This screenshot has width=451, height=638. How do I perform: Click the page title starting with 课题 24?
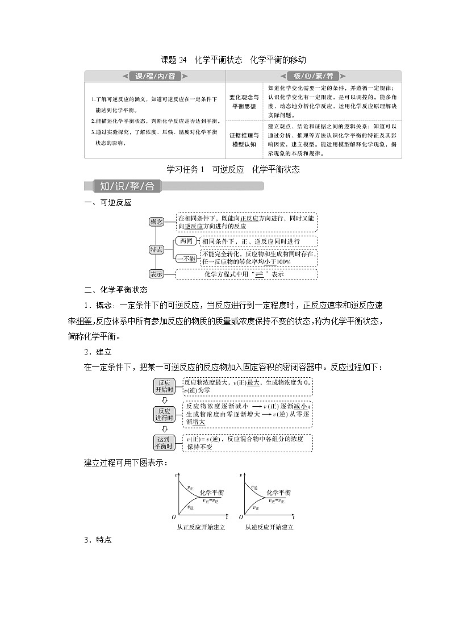coord(233,60)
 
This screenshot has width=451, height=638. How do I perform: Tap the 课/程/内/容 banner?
coord(155,77)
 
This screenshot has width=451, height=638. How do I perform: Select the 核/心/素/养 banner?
coord(312,77)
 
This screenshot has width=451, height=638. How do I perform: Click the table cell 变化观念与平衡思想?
coord(245,102)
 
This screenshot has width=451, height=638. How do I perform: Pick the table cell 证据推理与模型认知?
coord(245,140)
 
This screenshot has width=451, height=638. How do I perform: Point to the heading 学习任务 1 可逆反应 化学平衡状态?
coord(233,169)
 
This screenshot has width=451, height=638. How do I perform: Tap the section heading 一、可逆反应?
coord(107,203)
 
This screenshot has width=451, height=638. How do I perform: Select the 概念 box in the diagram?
coord(156,222)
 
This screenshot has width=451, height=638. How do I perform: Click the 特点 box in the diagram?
coord(156,249)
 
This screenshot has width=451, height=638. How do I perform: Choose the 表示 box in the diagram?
coord(156,274)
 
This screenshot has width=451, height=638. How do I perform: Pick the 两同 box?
coord(185,241)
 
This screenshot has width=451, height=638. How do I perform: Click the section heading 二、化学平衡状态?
coord(115,289)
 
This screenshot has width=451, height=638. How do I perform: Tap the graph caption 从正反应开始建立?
coord(201,527)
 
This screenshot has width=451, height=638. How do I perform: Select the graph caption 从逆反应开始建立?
coord(269,527)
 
